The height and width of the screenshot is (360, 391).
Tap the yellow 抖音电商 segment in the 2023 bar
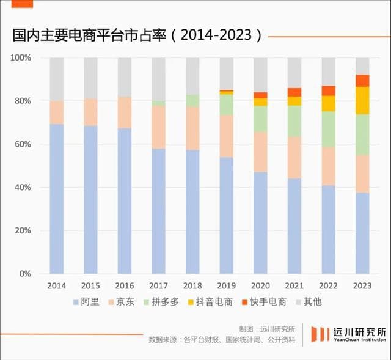tap(363, 100)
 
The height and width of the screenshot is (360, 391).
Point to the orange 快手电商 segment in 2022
tap(329, 90)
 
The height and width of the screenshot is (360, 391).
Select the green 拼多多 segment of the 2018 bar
tap(192, 100)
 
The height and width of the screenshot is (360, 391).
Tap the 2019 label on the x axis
tap(227, 285)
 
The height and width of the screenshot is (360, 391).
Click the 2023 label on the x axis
tap(363, 285)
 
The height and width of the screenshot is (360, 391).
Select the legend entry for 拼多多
tap(161, 301)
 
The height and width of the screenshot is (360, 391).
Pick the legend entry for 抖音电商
tap(211, 301)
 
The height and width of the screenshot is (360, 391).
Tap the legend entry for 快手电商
tap(266, 301)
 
